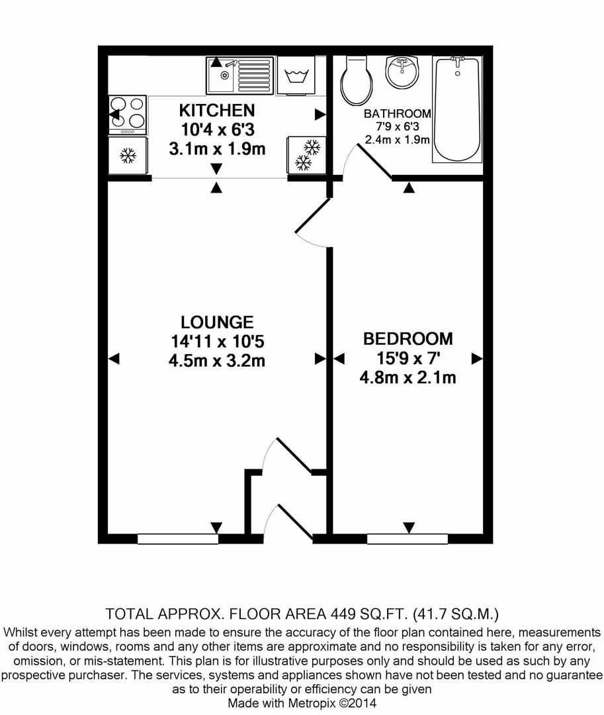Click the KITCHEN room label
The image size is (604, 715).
[217, 110]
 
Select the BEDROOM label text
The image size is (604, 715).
[408, 339]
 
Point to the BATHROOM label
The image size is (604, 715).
[398, 114]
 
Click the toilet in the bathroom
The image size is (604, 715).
[356, 81]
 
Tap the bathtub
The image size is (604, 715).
[456, 109]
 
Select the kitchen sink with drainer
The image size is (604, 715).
[239, 75]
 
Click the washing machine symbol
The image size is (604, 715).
[296, 75]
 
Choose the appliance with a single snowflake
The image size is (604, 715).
[127, 156]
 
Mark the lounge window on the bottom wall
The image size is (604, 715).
[178, 539]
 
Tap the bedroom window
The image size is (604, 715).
[408, 539]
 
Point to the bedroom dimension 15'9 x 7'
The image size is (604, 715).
[408, 358]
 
